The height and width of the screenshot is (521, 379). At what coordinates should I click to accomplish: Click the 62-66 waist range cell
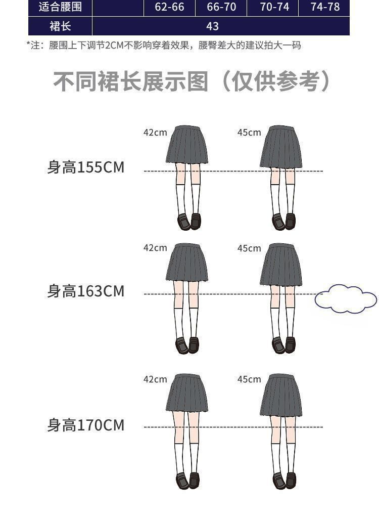169,7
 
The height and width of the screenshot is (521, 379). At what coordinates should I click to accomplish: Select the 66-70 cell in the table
221,7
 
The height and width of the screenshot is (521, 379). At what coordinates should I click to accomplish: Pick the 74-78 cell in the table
324,7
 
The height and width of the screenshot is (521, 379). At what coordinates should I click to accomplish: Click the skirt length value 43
213,26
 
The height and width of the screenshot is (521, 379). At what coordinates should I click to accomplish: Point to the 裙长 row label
60,26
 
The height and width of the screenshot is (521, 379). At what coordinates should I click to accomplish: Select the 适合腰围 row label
60,7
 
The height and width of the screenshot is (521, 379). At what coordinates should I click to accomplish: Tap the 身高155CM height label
85,167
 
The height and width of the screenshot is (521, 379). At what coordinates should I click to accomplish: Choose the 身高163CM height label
85,291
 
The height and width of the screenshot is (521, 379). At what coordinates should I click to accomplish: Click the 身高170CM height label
85,425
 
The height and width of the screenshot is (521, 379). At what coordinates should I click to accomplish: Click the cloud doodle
346,299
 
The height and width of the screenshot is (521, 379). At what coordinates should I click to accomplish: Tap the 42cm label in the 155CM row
155,133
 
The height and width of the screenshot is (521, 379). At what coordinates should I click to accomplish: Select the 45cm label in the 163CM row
249,248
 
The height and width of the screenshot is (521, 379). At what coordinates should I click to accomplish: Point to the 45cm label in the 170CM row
249,379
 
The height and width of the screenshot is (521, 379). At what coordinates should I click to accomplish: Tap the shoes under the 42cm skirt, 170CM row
187,480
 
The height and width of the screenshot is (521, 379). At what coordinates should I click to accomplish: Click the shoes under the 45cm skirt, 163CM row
283,345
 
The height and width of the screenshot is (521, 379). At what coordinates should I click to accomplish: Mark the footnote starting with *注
164,46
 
